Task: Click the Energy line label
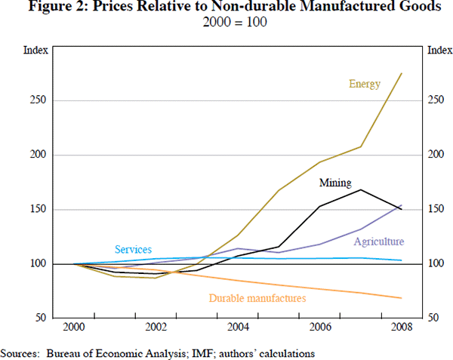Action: (364, 84)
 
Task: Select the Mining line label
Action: (334, 183)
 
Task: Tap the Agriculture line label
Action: (379, 242)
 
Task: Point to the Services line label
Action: (133, 249)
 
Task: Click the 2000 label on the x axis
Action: (74, 327)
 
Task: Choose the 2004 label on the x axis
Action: (239, 327)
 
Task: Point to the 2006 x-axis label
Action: (321, 327)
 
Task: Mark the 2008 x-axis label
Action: (402, 327)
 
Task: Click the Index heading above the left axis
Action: (36, 51)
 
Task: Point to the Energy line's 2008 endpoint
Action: (401, 73)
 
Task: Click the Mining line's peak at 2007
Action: (360, 189)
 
